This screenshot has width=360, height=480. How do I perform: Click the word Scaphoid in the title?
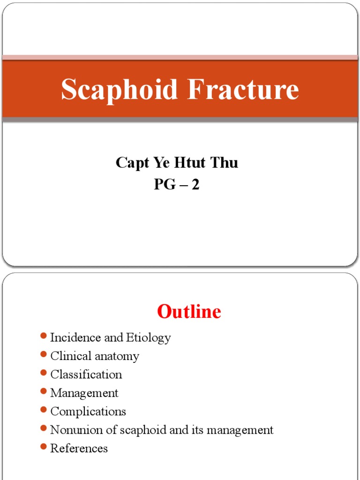(120, 90)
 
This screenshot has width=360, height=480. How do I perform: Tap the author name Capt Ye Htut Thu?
(177, 163)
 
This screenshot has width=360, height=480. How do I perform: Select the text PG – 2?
(177, 185)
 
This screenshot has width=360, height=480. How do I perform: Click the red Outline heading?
(189, 312)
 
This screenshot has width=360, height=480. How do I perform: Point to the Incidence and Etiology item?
(110, 337)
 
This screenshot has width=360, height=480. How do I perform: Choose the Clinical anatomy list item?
(95, 356)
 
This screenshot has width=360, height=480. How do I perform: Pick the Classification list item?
(86, 375)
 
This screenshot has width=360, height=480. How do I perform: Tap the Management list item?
(84, 393)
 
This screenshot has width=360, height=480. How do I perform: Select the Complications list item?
(88, 412)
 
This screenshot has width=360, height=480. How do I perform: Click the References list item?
(79, 449)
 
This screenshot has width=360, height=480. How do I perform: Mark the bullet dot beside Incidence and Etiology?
(44, 336)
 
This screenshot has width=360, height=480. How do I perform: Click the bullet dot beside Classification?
(44, 373)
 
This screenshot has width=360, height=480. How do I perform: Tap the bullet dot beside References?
(44, 447)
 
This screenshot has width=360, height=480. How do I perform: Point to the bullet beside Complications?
(44, 410)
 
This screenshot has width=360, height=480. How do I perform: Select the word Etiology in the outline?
(148, 337)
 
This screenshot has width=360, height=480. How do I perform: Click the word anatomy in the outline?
(117, 356)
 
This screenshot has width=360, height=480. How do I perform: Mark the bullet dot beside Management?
(44, 391)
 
